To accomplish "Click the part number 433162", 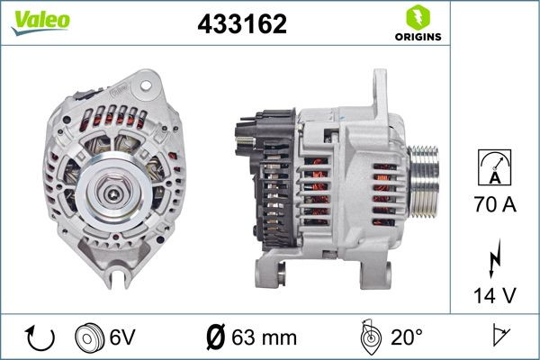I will [x=242, y=25].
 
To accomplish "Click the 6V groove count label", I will [x=122, y=337].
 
